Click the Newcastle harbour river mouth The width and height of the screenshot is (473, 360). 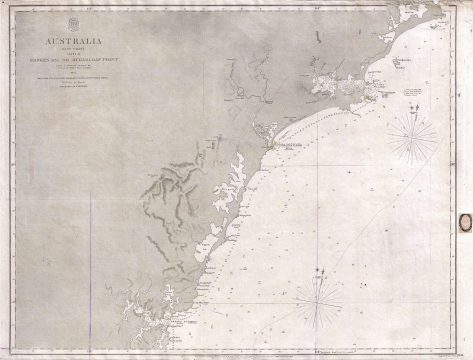(x=268, y=141)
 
